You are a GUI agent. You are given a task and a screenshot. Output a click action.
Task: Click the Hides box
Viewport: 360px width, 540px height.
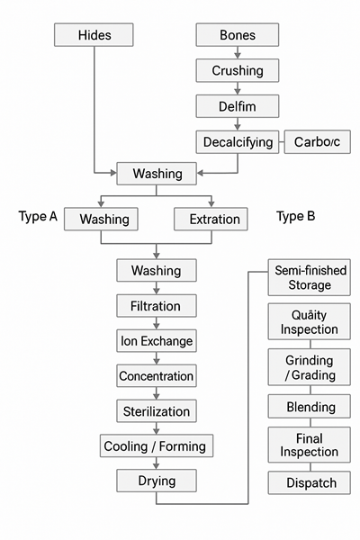coord(94,35)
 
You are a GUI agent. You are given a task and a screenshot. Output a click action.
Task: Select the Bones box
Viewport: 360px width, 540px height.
coord(238,35)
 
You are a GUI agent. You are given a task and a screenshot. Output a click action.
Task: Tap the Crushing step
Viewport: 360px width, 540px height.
coord(238,70)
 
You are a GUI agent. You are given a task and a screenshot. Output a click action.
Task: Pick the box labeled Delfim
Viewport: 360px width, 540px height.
coord(238,105)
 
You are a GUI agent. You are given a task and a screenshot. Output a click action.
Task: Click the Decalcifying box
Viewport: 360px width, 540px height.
coord(238,141)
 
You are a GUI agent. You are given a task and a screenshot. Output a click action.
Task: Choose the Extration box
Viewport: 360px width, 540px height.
coord(215,219)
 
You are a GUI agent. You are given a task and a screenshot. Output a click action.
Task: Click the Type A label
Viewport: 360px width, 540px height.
coord(38,217)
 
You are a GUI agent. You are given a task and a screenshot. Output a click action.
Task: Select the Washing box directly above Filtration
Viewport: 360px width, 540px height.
coord(157,270)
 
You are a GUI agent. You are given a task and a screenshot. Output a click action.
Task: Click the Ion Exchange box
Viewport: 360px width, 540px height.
coord(157,341)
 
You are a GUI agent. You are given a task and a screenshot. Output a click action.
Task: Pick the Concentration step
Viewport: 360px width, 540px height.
coord(157,376)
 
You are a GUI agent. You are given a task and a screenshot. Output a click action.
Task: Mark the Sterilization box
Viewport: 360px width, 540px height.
coord(157,411)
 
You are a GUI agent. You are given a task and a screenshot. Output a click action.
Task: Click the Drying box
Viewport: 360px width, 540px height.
coord(157,481)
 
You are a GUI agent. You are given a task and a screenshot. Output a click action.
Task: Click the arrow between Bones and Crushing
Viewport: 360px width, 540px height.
coord(238,52)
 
